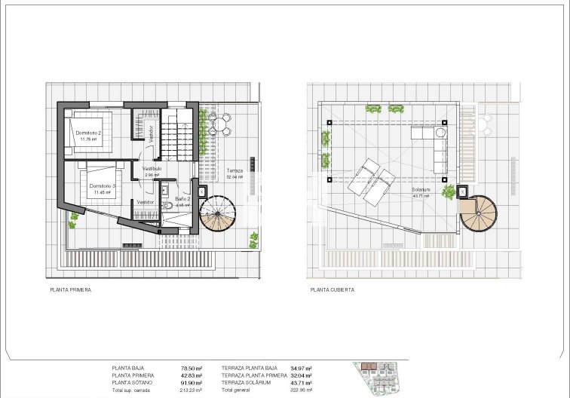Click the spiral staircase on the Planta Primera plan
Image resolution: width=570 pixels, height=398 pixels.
click(218, 213)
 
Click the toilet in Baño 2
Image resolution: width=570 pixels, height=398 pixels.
click(169, 207)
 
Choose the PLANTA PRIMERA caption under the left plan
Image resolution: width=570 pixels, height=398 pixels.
click(71, 289)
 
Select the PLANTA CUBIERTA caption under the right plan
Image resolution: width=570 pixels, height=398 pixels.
click(332, 289)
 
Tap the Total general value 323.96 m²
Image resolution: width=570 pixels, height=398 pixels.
click(302, 390)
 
